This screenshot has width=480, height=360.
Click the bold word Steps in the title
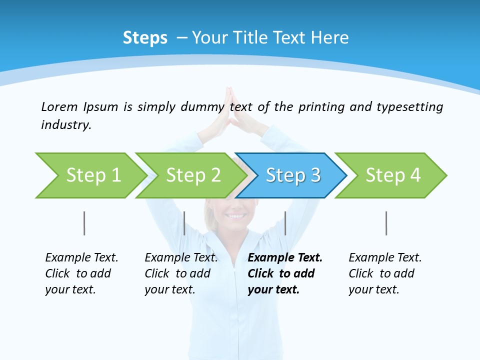(x=145, y=38)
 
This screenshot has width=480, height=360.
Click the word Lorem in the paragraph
(x=59, y=107)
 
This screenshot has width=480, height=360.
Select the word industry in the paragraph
(x=65, y=125)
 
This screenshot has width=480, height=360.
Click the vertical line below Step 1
(x=84, y=223)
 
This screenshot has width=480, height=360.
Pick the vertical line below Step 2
(x=184, y=223)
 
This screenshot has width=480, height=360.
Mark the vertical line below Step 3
(x=285, y=223)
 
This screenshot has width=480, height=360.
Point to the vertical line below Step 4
(x=386, y=223)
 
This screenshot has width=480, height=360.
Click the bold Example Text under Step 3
(x=285, y=258)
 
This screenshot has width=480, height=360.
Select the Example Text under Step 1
(x=81, y=258)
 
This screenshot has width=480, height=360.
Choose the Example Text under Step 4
(x=385, y=258)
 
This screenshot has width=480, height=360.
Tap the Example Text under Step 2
(x=181, y=258)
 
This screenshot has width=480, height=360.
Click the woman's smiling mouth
(x=236, y=216)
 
